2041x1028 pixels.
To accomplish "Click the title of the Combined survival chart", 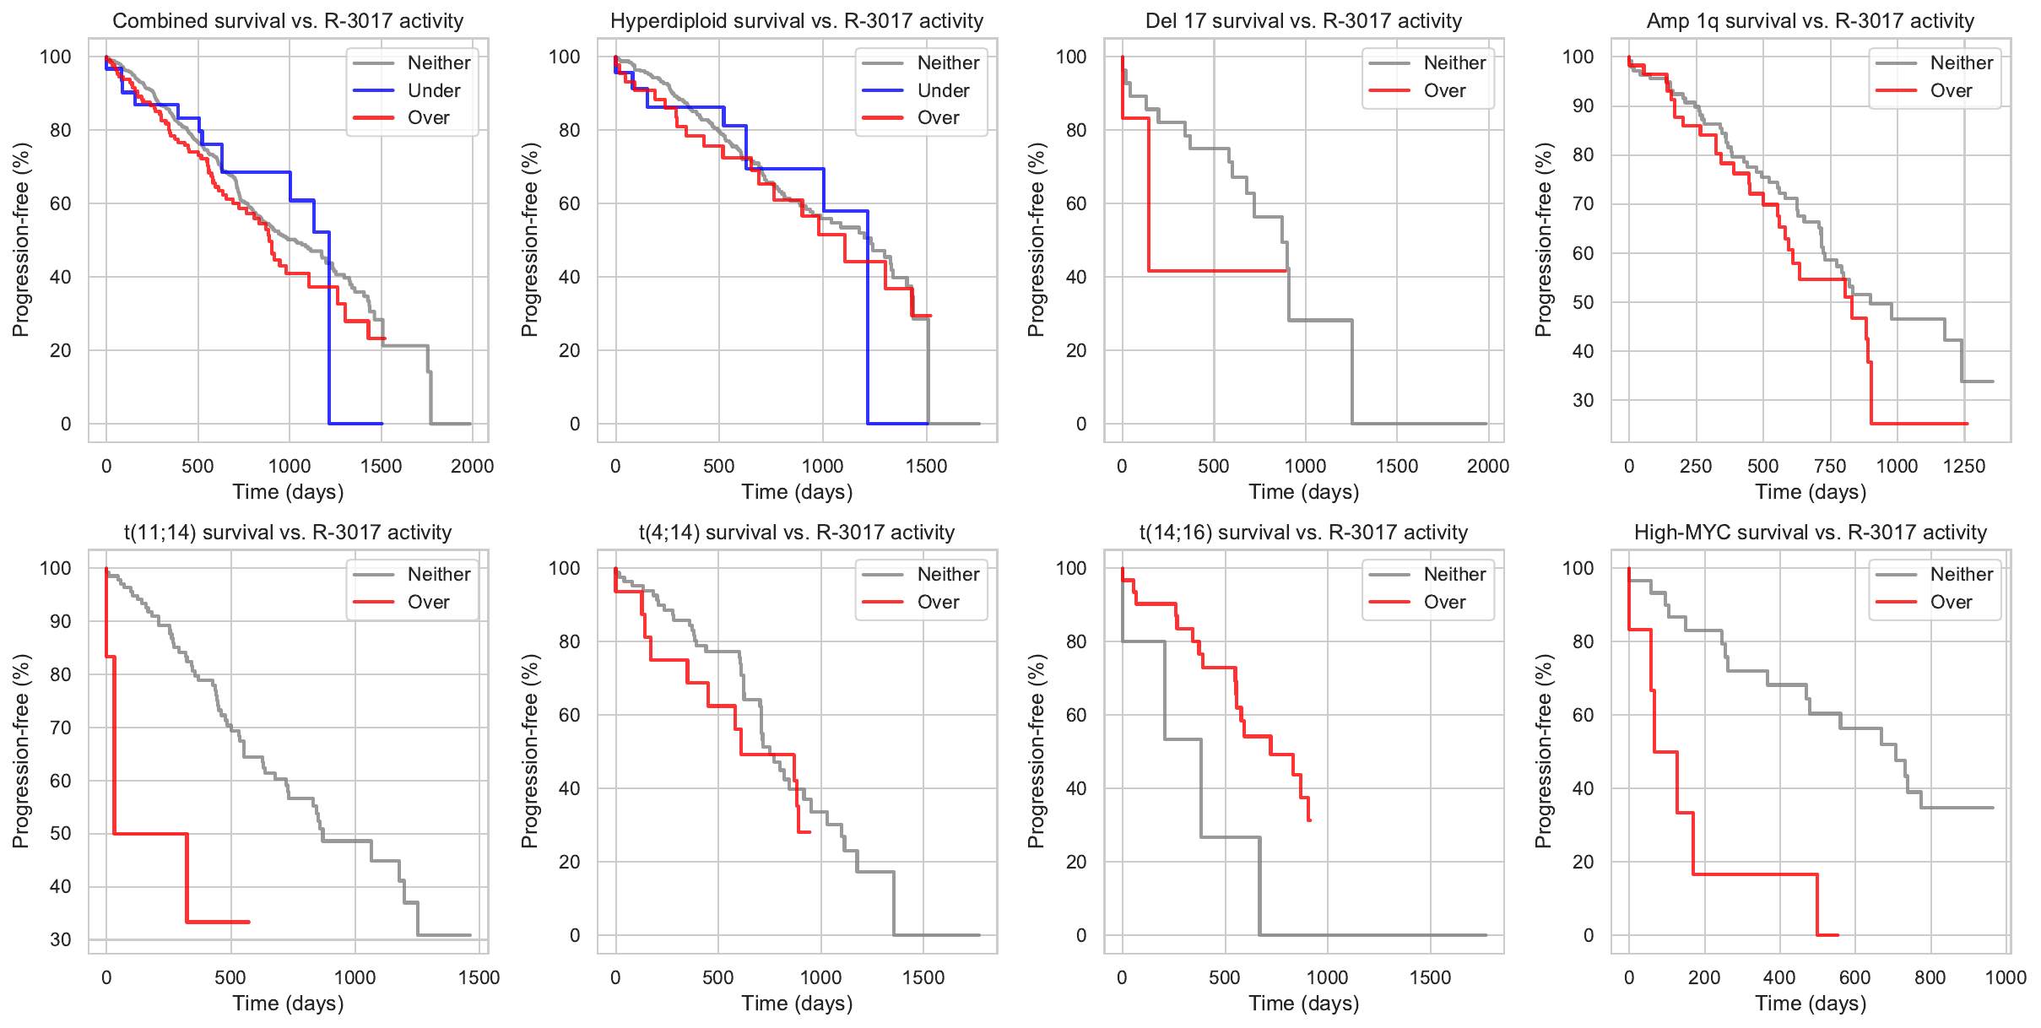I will (x=288, y=21).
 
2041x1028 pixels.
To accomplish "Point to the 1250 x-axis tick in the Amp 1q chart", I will (x=1963, y=466).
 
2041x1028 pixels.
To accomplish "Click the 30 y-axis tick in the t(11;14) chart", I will (x=61, y=939).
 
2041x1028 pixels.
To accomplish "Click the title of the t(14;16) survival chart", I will (x=1303, y=533).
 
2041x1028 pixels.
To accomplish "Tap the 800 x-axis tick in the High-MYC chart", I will (x=1930, y=977).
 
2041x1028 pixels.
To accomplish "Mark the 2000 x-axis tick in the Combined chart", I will (x=472, y=466).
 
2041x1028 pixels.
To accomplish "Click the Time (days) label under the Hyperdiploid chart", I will (x=797, y=492).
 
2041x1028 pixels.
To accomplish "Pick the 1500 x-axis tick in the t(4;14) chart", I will (x=923, y=977).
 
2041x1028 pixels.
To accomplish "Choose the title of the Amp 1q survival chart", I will (x=1810, y=21).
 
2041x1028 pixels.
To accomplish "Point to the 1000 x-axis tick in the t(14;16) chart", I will (x=1327, y=977).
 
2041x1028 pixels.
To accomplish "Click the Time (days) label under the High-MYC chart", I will (x=1811, y=1004).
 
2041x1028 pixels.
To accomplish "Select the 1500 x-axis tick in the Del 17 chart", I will (x=1397, y=466).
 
